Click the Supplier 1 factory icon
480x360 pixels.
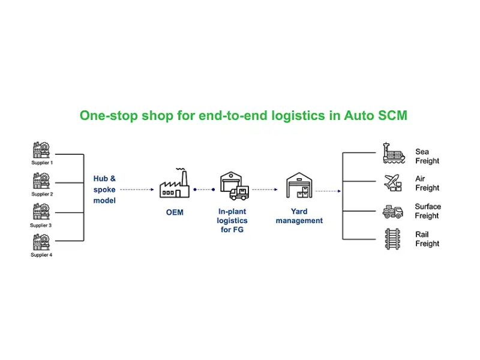41,150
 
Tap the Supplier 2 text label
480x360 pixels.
42,194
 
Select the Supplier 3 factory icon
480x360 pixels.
41,212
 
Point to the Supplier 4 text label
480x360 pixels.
42,255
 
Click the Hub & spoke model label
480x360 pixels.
104,189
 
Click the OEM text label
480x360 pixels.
175,212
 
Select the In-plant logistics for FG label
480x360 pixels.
232,220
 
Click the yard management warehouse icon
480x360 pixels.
299,185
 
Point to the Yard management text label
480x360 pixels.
299,216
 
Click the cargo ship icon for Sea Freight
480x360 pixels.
394,154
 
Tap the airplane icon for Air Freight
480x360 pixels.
392,182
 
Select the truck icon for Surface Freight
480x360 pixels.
393,211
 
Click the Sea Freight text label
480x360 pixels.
427,156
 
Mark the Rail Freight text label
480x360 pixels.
427,239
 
